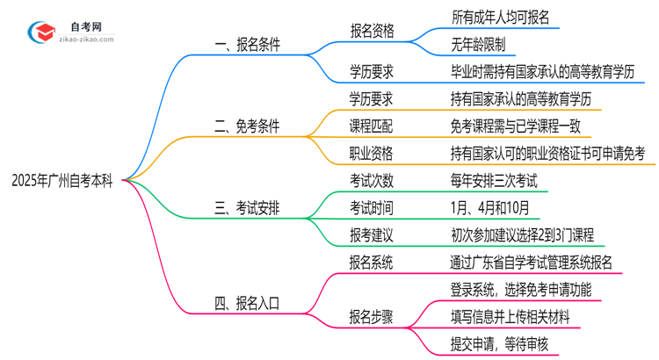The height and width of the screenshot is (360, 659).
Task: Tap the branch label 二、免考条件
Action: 247,126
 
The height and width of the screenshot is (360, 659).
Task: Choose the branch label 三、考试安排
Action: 247,208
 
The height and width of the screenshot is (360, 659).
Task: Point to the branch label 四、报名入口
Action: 247,304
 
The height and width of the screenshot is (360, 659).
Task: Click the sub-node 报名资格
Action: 372,30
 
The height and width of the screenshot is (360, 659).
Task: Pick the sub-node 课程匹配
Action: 372,126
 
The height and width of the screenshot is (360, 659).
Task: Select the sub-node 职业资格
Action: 372,153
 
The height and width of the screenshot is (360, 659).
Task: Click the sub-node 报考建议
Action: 372,234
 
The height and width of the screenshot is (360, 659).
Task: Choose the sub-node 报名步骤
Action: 372,317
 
